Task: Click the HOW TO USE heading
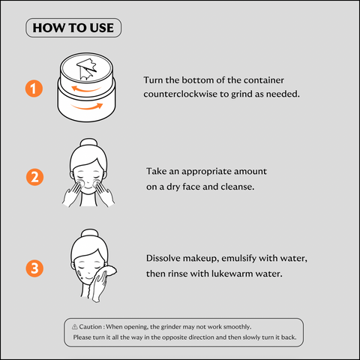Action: (x=73, y=28)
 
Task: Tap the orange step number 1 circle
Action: (x=34, y=88)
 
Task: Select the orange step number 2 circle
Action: (x=34, y=177)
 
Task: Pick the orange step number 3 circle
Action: (x=34, y=268)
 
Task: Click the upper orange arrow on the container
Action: (x=85, y=89)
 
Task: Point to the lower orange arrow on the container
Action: (x=87, y=106)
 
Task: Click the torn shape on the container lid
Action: (x=86, y=69)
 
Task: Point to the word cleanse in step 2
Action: (x=238, y=187)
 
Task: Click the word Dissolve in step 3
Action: (x=163, y=258)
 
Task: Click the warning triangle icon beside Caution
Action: (x=75, y=327)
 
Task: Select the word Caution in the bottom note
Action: (x=90, y=327)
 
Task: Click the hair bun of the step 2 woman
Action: (x=89, y=142)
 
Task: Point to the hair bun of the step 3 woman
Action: (x=89, y=233)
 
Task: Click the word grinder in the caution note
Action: (x=171, y=327)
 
